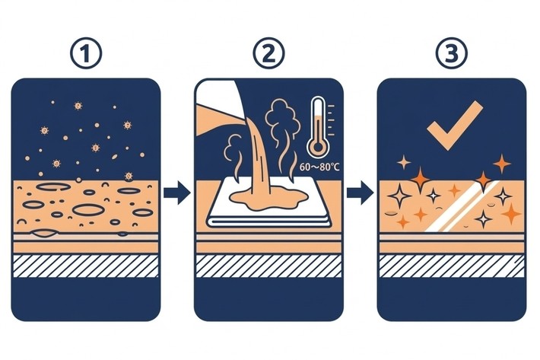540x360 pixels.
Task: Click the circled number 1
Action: (86, 53)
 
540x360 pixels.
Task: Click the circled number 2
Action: (268, 53)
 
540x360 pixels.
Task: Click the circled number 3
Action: (452, 53)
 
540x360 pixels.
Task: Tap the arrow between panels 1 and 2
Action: (177, 193)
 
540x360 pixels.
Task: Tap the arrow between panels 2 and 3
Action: (361, 193)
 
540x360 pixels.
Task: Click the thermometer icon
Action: (319, 127)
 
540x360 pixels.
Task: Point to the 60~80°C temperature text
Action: (319, 167)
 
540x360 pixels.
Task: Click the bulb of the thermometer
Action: (318, 148)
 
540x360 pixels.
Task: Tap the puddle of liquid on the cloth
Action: (268, 199)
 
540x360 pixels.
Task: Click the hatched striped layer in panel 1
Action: (85, 266)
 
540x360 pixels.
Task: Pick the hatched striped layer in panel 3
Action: (452, 266)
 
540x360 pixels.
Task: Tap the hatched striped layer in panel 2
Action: (268, 266)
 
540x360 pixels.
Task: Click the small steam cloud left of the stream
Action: (232, 155)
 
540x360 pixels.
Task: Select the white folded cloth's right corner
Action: (332, 225)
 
